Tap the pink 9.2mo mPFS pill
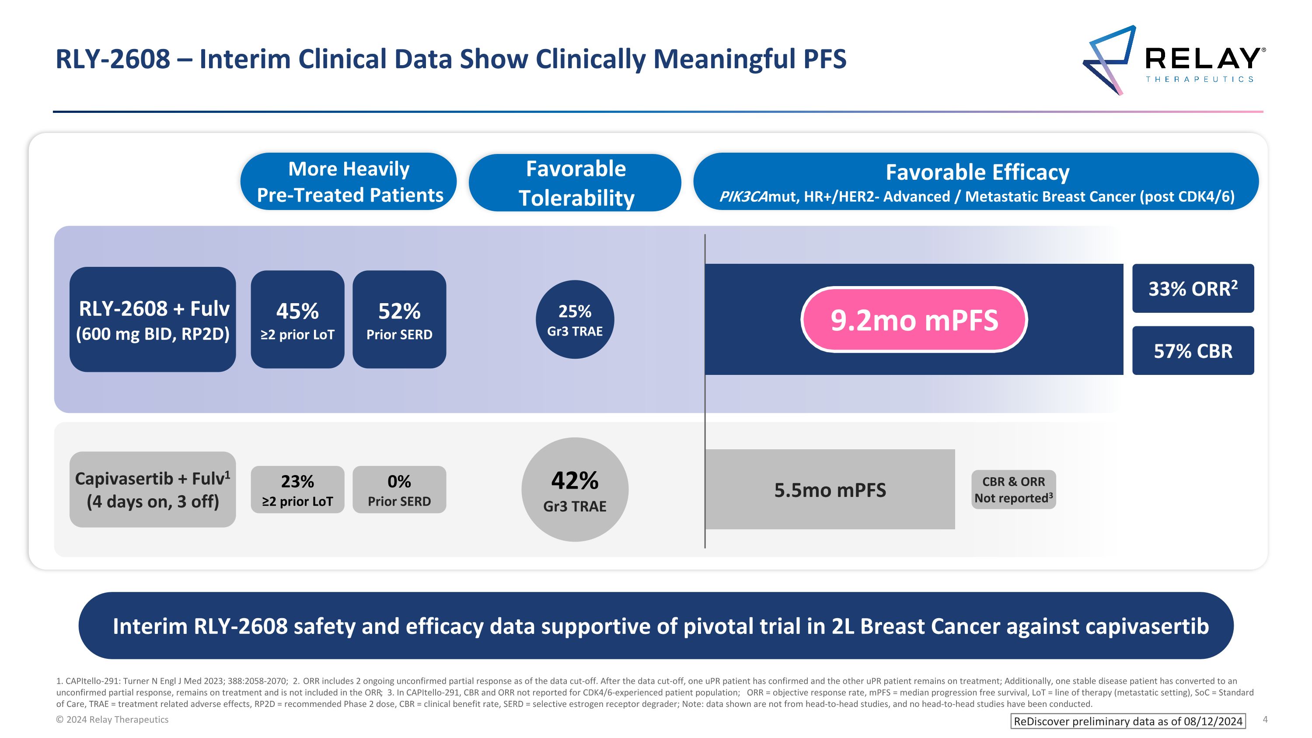(914, 320)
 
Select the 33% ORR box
(1192, 288)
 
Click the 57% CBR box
(1192, 351)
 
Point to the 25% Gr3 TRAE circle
(575, 320)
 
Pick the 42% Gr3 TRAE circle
(575, 490)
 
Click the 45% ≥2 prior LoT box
(297, 320)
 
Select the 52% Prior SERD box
(399, 320)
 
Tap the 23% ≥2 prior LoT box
(297, 490)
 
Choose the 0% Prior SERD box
(399, 490)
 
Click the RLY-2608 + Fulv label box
(153, 320)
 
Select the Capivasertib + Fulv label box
(153, 490)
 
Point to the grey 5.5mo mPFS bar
(830, 490)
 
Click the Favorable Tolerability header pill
(575, 183)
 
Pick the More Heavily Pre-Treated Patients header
(349, 182)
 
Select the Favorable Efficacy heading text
(977, 172)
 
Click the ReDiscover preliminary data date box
(1127, 721)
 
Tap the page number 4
(1265, 720)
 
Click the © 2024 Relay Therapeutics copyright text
(112, 720)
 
